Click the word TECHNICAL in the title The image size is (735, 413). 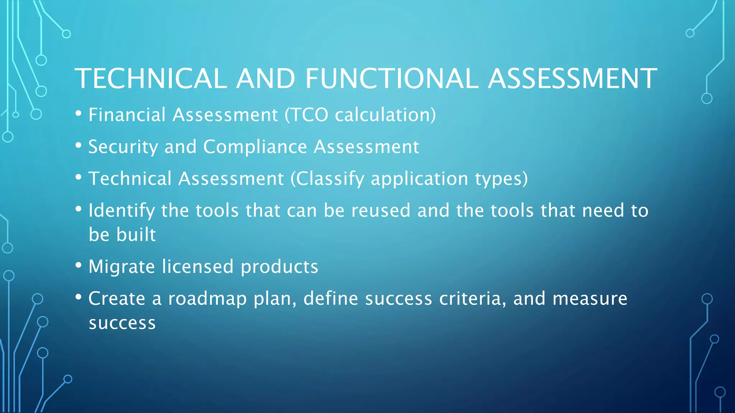pyautogui.click(x=150, y=79)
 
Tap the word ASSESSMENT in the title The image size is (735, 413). pyautogui.click(x=572, y=79)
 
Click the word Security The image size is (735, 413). pyautogui.click(x=123, y=147)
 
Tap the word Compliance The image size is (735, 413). pyautogui.click(x=255, y=147)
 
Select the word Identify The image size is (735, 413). pyautogui.click(x=121, y=211)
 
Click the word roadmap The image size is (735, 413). pyautogui.click(x=207, y=299)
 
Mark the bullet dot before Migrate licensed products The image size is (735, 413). pyautogui.click(x=79, y=266)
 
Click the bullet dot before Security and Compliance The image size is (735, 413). pyautogui.click(x=79, y=146)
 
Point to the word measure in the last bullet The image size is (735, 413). pyautogui.click(x=590, y=299)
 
